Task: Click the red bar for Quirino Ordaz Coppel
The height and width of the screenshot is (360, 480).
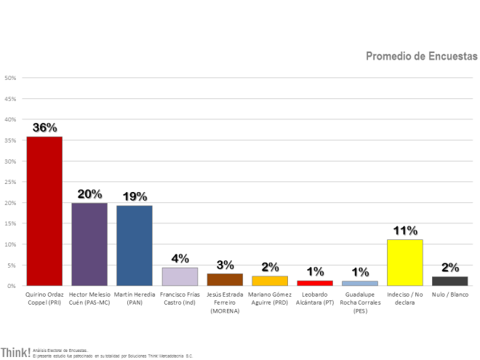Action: pyautogui.click(x=44, y=211)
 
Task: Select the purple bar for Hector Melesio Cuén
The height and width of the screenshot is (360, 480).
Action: pyautogui.click(x=89, y=244)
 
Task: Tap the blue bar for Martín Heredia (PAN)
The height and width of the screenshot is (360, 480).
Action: pyautogui.click(x=135, y=246)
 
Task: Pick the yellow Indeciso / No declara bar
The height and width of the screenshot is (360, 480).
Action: pyautogui.click(x=405, y=263)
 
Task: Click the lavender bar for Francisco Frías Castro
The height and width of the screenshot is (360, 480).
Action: pyautogui.click(x=180, y=277)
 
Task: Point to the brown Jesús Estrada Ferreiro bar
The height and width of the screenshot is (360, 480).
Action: pyautogui.click(x=225, y=279)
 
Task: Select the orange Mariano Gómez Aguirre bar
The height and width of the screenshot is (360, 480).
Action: pyautogui.click(x=270, y=281)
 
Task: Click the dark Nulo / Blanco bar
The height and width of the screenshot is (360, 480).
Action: pyautogui.click(x=450, y=281)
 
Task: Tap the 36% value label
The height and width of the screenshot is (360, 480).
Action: pyautogui.click(x=44, y=127)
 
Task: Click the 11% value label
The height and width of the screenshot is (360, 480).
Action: pyautogui.click(x=405, y=231)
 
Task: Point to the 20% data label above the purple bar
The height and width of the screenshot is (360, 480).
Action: pyautogui.click(x=89, y=194)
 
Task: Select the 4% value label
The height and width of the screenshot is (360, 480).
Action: pyautogui.click(x=180, y=259)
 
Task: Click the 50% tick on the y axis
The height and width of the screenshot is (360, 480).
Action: pyautogui.click(x=11, y=78)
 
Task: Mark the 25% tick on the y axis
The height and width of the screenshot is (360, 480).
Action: pyautogui.click(x=11, y=182)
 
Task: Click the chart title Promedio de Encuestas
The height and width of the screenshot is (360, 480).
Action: pyautogui.click(x=421, y=56)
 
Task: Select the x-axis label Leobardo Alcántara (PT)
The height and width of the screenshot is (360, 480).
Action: pyautogui.click(x=315, y=298)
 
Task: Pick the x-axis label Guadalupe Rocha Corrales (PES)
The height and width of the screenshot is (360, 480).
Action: pyautogui.click(x=360, y=302)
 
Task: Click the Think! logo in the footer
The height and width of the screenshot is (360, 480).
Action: pyautogui.click(x=15, y=353)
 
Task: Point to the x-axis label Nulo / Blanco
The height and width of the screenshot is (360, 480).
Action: pyautogui.click(x=450, y=295)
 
